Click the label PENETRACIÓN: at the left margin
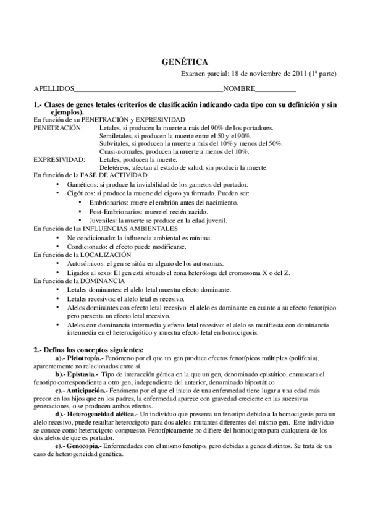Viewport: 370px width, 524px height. tap(57, 127)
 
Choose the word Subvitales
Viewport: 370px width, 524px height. tap(115, 143)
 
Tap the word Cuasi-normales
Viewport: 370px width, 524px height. tap(120, 151)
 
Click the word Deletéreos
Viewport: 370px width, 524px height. tap(116, 167)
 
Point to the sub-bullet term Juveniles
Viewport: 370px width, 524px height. tap(103, 220)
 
